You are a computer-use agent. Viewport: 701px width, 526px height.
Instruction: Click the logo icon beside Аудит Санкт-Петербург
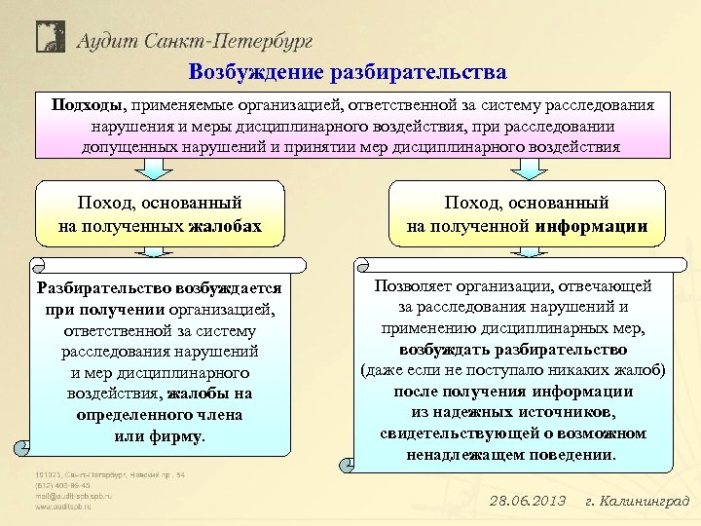click(x=50, y=36)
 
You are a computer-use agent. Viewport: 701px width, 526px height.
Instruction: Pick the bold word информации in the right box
click(x=591, y=226)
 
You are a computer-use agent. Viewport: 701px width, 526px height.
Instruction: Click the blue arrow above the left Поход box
click(x=153, y=169)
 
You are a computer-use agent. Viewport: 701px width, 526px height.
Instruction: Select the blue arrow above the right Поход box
click(x=529, y=169)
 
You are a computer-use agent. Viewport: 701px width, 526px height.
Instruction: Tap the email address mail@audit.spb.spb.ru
click(x=74, y=496)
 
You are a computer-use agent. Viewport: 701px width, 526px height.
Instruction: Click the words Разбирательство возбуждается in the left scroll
click(x=159, y=288)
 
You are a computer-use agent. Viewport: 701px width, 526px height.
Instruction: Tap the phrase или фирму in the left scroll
click(x=160, y=435)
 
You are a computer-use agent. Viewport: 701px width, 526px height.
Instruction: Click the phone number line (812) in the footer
click(x=62, y=485)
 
